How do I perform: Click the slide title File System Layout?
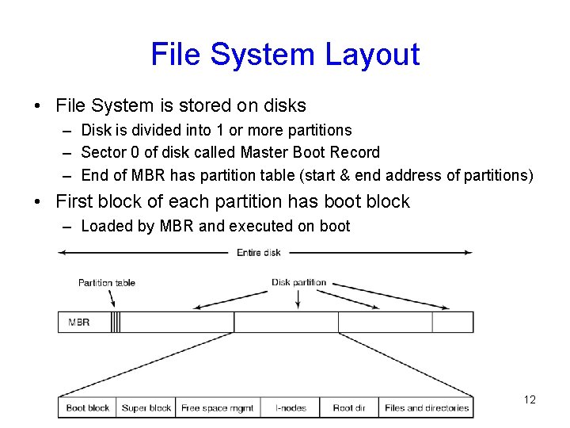285,55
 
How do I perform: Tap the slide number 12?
530,399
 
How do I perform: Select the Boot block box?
88,408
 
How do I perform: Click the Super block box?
146,408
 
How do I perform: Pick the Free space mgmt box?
218,408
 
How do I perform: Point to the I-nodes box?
291,408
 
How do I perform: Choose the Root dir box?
349,408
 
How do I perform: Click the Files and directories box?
427,408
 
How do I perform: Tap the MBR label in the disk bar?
79,323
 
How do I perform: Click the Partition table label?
106,283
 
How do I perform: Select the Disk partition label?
298,282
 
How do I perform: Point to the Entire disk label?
259,253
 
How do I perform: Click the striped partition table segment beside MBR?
116,323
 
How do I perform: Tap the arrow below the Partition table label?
111,299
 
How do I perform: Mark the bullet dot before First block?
39,201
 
